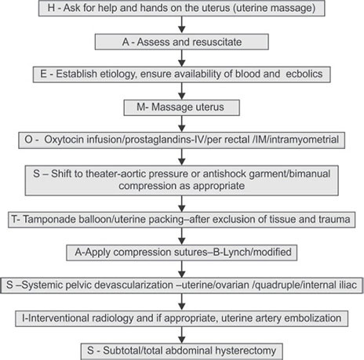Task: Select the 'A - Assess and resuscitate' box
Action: tap(182, 42)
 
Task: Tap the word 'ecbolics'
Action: tap(304, 74)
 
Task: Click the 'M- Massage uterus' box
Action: tap(182, 107)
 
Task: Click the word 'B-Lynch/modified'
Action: tap(252, 252)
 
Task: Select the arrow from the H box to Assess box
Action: tap(182, 25)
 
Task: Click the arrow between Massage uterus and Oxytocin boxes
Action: tap(182, 124)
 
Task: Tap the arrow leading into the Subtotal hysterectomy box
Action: tap(182, 335)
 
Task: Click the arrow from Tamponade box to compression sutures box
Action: tap(182, 236)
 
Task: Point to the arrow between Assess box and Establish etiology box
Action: tap(182, 58)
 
